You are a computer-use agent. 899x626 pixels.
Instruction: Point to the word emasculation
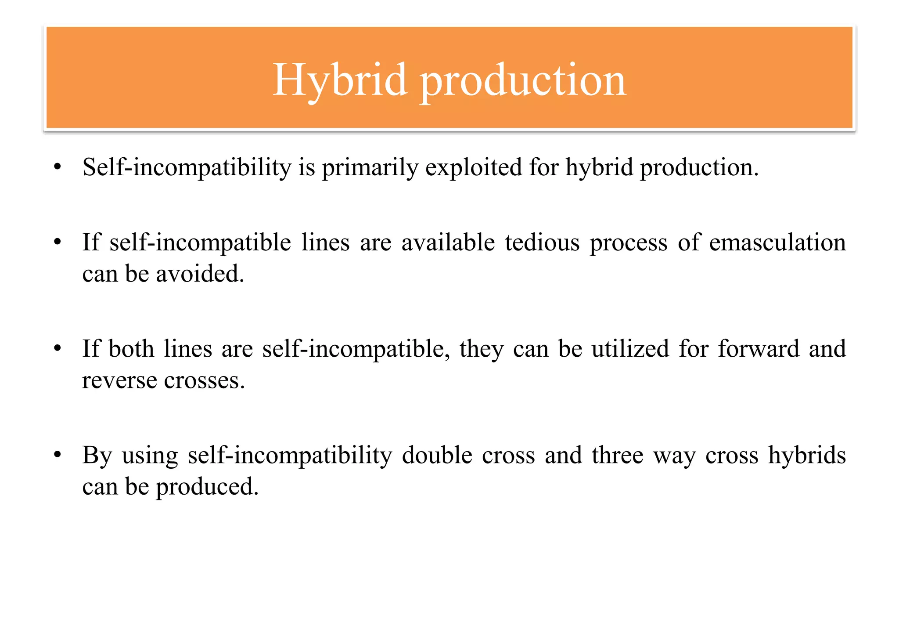pos(777,242)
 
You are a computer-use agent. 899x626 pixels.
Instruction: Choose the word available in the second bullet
pos(448,242)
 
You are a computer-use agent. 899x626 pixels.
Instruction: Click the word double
pos(437,455)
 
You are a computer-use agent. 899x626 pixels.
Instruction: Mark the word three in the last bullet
pos(617,455)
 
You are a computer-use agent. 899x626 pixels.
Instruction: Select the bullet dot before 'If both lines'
pos(57,348)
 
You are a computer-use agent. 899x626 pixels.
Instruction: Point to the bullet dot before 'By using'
pos(57,455)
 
